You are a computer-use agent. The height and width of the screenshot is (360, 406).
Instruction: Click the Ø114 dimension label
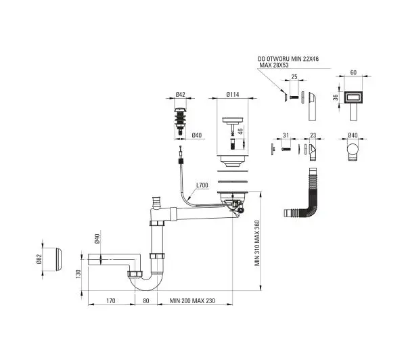[233, 95]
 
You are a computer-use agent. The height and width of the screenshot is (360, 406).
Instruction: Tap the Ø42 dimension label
[180, 95]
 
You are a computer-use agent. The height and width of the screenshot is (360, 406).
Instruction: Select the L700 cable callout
[202, 185]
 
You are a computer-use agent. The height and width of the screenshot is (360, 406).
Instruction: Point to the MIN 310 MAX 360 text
[257, 243]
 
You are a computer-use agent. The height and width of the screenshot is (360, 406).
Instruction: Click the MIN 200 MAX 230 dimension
[192, 300]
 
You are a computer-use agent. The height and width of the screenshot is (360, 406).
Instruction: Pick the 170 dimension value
[110, 300]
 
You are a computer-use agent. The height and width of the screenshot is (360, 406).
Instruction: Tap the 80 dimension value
[146, 300]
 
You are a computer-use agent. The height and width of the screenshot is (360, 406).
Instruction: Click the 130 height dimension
[78, 274]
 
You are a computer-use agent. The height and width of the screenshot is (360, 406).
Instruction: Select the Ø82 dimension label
[39, 259]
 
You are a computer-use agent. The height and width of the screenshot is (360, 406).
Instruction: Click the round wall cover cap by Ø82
[59, 259]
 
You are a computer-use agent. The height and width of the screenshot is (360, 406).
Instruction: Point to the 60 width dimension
[353, 72]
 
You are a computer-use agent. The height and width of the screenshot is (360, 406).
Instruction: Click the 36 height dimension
[336, 97]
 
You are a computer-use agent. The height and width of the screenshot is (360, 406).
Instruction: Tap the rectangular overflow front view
[354, 106]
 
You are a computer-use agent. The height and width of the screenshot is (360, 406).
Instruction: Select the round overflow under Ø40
[353, 152]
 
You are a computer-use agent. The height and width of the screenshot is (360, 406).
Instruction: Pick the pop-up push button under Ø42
[181, 121]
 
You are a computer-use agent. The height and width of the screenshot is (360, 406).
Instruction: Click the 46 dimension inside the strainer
[240, 131]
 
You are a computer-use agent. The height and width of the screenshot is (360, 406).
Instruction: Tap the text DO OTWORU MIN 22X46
[288, 59]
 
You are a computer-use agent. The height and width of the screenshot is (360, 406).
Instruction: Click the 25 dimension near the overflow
[294, 76]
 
